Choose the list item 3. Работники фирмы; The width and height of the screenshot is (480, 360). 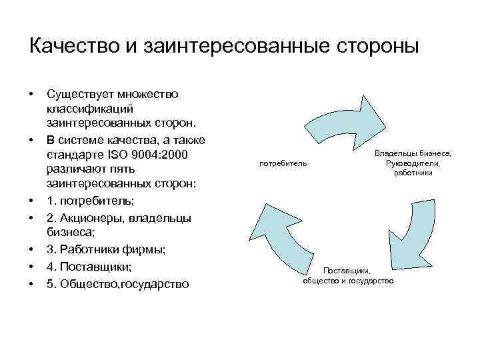click(x=107, y=249)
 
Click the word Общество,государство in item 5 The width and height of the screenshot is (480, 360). click(x=125, y=283)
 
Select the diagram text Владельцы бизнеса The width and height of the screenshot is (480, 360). click(x=413, y=154)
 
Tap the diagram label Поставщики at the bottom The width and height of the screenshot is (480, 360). click(x=349, y=271)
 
